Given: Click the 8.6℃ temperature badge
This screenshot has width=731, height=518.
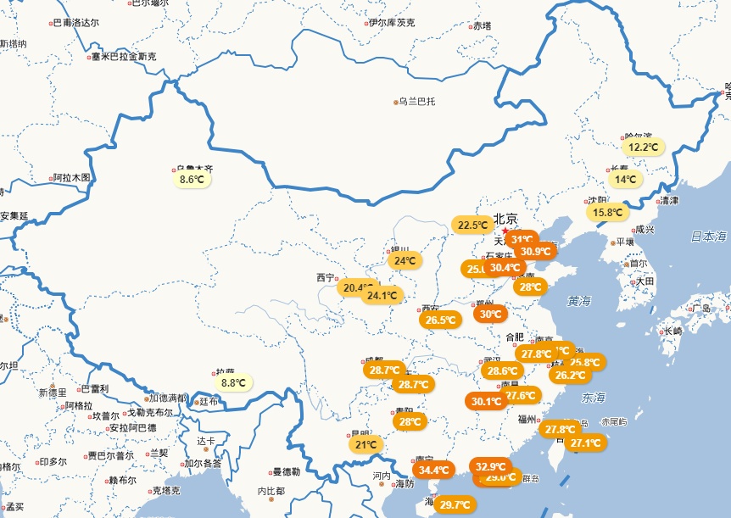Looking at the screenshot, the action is point(192,179).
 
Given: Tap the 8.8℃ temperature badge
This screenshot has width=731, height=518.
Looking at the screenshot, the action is point(232,382).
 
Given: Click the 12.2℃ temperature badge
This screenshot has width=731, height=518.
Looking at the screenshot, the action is point(643,147).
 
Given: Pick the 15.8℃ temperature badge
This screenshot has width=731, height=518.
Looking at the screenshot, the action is point(608,212).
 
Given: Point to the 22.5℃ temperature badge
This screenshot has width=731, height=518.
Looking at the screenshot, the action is point(472,226).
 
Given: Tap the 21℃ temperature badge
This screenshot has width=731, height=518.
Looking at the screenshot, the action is point(365,444).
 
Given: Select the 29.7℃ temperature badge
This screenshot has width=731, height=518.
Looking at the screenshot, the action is point(455,504).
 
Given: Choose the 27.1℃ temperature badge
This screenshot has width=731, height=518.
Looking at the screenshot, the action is point(586,442).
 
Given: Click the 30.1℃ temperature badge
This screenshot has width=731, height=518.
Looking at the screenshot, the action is point(486,401).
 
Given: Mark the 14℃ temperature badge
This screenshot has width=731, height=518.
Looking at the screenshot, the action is point(626,179).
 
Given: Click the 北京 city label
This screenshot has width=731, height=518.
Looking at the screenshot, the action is point(505,217).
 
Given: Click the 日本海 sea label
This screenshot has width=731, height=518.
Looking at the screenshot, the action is point(708,236).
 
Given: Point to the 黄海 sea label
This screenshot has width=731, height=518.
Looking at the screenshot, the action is point(580,301).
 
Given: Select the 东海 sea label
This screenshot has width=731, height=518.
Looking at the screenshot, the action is point(594,397).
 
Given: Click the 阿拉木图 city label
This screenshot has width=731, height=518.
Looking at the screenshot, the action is point(70,178).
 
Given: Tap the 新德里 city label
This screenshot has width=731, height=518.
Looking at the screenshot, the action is point(53,393).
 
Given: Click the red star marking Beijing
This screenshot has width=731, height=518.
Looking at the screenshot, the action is point(505,231).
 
